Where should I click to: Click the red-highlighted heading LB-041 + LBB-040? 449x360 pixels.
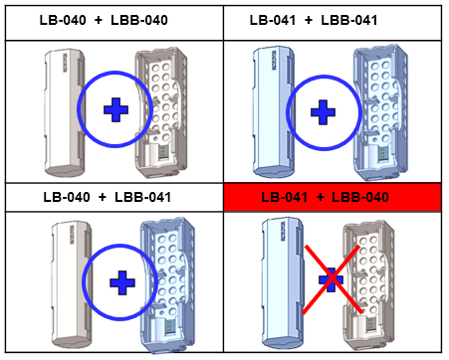point(325,197)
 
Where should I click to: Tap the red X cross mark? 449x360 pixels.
point(332,279)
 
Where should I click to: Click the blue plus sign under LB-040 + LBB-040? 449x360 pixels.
point(115,109)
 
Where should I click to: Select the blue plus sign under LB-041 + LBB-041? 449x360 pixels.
point(323,112)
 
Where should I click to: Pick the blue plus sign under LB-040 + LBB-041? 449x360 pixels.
point(122,283)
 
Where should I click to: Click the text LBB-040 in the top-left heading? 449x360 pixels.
point(139,20)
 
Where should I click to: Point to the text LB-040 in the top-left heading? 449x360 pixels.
point(63,20)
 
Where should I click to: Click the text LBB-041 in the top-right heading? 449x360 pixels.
point(349,20)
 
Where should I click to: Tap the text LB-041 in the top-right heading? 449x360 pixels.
point(273,20)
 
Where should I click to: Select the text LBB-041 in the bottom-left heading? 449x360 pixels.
point(143,197)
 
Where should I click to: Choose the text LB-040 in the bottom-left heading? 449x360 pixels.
point(67,197)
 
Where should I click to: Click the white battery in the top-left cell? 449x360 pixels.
point(65,112)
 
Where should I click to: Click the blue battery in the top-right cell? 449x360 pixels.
point(273,112)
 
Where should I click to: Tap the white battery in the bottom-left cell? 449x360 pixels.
point(71,285)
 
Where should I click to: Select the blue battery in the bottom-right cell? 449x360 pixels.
point(283,283)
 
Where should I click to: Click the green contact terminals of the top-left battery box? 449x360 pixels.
point(163,152)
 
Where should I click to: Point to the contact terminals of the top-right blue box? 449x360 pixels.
point(381,152)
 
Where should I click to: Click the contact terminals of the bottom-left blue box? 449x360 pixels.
point(169,326)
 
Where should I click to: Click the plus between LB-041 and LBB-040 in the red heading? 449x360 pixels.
point(321,198)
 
